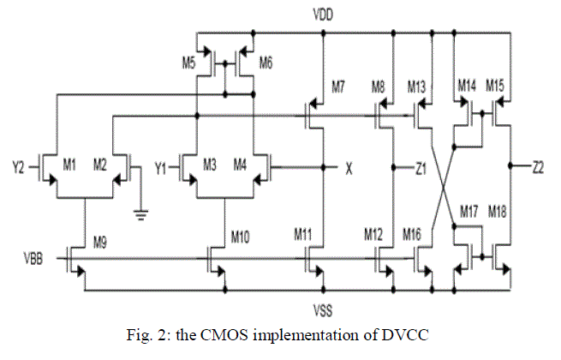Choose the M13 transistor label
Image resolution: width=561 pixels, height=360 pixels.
(416, 86)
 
